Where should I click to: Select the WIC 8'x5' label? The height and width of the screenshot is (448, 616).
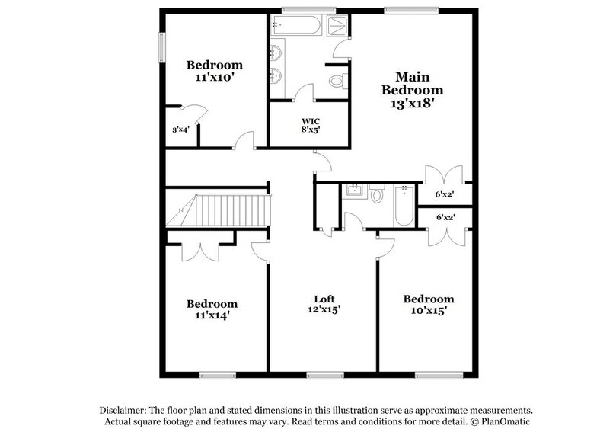pyautogui.click(x=310, y=126)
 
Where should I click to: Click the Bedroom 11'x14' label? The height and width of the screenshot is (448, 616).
pyautogui.click(x=212, y=309)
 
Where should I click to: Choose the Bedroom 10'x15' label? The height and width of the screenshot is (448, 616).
pyautogui.click(x=429, y=304)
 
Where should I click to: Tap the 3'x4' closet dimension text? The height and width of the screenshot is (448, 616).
pyautogui.click(x=180, y=130)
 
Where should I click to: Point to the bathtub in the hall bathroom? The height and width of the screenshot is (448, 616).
pyautogui.click(x=404, y=205)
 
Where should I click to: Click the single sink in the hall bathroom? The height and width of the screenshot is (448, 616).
pyautogui.click(x=354, y=190)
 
